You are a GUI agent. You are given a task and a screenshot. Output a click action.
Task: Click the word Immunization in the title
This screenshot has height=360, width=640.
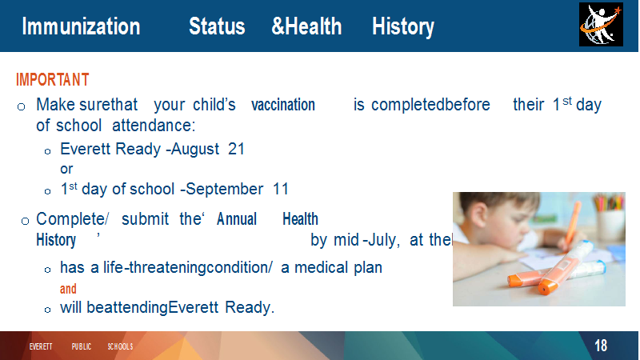pos(81,26)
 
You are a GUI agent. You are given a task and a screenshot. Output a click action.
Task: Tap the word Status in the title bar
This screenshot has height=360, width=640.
pos(217,26)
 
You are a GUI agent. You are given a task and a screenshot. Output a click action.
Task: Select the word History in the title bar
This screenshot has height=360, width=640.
pos(403,27)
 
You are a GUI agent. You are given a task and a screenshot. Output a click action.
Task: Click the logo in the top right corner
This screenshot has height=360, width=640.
pos(601,25)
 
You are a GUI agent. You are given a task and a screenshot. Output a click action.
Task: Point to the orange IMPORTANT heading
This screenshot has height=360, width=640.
pos(53,79)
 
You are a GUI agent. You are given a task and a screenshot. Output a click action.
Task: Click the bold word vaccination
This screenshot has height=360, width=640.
pos(283,105)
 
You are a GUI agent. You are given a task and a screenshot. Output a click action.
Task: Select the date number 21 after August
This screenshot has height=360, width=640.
pos(236,149)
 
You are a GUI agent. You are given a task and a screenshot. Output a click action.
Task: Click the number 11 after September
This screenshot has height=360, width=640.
pos(281,189)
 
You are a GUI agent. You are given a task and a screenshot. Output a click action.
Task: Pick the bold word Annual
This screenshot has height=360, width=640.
pos(237,219)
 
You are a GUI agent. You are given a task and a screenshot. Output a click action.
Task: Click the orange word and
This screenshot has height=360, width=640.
pos(68,289)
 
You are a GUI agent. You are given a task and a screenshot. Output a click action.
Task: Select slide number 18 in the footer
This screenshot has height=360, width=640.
pos(601,346)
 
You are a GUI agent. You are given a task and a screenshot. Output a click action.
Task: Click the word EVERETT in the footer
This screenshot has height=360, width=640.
pos(41,346)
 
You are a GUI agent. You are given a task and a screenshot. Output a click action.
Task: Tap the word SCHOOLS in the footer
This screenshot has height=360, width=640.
pos(121,346)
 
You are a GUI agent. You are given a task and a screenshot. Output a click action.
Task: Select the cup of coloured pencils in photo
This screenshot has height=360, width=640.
pos(610,216)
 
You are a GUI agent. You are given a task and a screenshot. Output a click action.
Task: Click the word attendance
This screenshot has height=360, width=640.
pos(154,126)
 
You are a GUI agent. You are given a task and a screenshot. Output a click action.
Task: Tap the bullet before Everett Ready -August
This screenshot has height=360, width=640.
pos(48,151)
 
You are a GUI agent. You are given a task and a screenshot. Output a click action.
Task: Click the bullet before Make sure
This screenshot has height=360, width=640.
pos(22,107)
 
